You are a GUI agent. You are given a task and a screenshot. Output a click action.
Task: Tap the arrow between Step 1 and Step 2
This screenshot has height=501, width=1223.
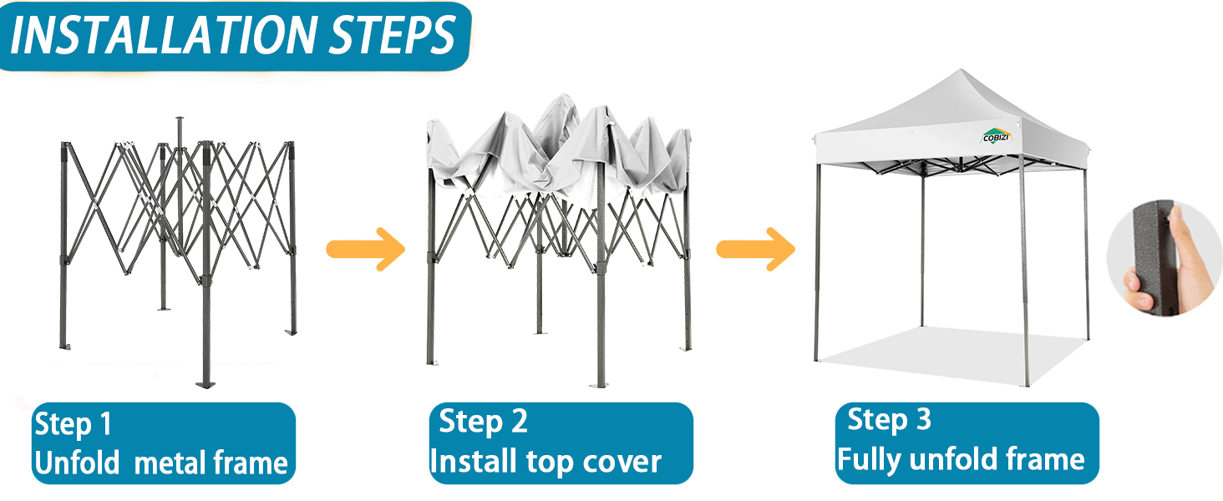(x=364, y=249)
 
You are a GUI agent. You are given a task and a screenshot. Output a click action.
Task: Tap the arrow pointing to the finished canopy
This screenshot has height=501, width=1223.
(x=755, y=249)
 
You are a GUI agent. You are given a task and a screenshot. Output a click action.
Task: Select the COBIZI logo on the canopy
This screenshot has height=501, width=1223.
(x=995, y=134)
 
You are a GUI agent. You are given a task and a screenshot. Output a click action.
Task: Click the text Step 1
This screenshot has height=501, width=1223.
(x=73, y=425)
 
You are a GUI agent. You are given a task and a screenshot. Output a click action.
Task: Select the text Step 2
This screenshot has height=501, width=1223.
(x=483, y=422)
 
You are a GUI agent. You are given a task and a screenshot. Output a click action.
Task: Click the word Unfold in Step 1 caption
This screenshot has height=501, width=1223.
(x=77, y=463)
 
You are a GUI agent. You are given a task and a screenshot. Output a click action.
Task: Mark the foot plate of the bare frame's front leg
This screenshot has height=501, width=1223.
(x=206, y=383)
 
